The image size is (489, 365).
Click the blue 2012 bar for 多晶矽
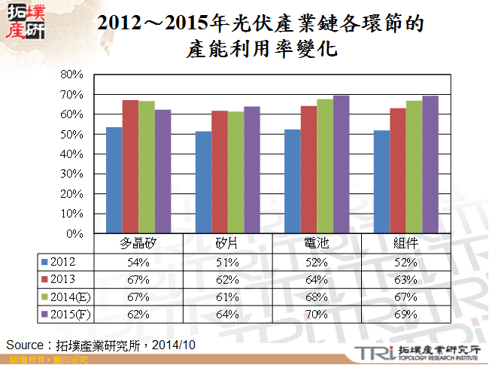point(114,181)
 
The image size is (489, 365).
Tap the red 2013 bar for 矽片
point(219,172)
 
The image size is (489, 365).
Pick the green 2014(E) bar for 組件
point(414,167)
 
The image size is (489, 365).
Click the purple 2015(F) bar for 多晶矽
point(162,172)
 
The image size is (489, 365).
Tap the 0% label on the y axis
point(74,234)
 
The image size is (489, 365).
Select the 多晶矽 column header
point(138,244)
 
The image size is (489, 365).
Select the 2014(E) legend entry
point(71,297)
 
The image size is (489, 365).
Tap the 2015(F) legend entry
point(71,314)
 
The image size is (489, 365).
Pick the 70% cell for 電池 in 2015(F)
point(317,314)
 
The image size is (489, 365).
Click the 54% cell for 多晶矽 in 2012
point(138,262)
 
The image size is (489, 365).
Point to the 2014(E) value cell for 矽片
point(227,297)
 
